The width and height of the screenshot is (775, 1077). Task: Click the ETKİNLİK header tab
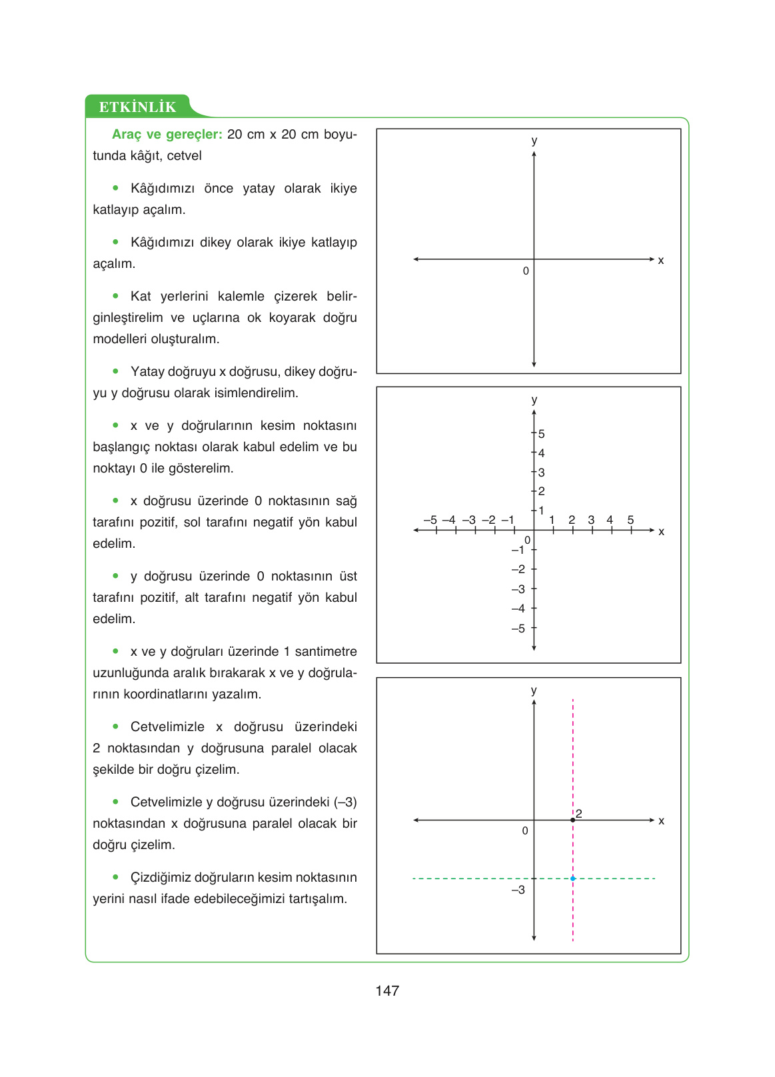tap(137, 107)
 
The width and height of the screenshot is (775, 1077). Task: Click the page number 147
tap(387, 990)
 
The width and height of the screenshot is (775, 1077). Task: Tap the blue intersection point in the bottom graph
tap(572, 878)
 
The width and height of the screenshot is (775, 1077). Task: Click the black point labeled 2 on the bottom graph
tap(572, 820)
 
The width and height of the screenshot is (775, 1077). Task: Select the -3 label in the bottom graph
tap(518, 890)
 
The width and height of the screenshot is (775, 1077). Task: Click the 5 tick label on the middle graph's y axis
tap(542, 434)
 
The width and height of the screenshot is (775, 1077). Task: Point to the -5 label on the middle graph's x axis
tap(430, 520)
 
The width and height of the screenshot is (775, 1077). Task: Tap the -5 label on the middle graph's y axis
tap(518, 628)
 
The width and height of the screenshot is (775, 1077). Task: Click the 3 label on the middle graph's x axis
tap(591, 520)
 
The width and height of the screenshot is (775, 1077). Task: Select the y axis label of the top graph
tap(534, 141)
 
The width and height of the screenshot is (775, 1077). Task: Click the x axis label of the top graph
tap(661, 261)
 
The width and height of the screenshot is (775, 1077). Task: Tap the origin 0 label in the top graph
tap(526, 271)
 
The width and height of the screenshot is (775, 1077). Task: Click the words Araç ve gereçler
tap(167, 135)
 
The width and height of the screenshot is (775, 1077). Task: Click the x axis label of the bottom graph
tap(661, 821)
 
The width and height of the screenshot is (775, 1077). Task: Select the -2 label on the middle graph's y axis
tap(518, 569)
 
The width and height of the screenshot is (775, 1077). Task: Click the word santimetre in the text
tap(326, 652)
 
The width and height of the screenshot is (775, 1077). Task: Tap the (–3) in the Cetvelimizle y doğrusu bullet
tap(345, 802)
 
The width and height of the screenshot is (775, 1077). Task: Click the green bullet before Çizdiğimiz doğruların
tap(116, 877)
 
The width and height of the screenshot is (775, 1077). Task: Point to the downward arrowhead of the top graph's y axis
tap(534, 364)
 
